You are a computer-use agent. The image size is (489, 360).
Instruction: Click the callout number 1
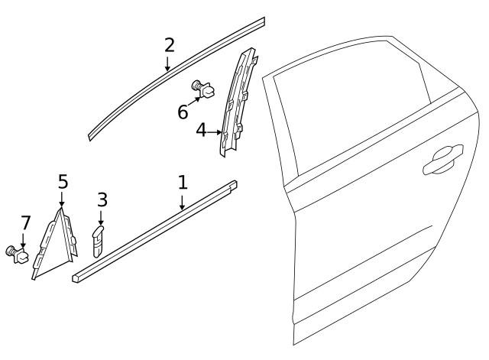[182, 183]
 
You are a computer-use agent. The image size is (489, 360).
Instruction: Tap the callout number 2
[169, 45]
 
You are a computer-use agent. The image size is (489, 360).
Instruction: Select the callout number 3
[102, 200]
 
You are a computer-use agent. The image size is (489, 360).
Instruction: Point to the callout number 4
[201, 131]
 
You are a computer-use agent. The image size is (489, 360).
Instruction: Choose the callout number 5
[63, 182]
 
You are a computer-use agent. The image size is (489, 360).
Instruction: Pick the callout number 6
[183, 112]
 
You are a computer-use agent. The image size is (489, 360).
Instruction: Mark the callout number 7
[25, 223]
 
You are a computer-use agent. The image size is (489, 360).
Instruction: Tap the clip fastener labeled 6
[204, 91]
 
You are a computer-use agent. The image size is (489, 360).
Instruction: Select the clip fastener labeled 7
[19, 251]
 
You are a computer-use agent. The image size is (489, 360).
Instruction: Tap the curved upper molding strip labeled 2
[176, 76]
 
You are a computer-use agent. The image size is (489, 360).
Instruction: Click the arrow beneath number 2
[168, 64]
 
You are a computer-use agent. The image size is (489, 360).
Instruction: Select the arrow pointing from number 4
[215, 131]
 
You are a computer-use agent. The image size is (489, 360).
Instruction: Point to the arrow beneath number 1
[182, 202]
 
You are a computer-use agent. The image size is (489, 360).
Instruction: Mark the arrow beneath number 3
[101, 218]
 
